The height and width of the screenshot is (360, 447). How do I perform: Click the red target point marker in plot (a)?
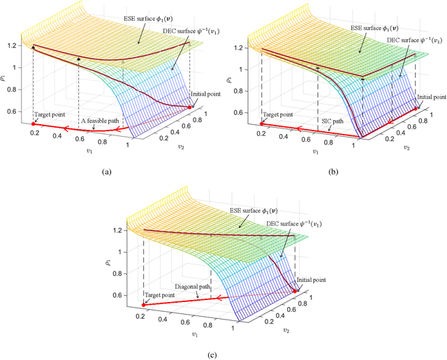click(x=33, y=124)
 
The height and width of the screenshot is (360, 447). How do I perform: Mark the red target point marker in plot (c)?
click(x=144, y=305)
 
